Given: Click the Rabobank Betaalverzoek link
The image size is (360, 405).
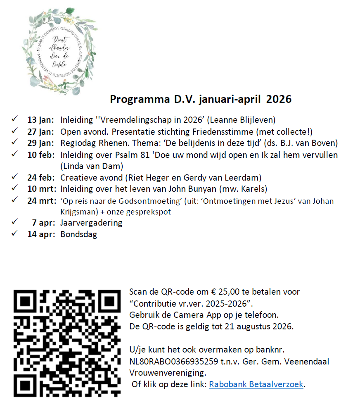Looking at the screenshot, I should pos(256,384).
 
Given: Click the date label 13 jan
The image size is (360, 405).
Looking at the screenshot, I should pos(40,120).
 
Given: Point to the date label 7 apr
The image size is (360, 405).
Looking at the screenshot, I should pos(43,223).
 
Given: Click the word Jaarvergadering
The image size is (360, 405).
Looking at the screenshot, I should pos(91,223).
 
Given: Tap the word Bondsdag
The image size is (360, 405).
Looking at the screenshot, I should pos(78,234).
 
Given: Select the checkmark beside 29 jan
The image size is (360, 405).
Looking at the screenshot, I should pos(14,143).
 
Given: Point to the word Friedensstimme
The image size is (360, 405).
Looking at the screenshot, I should pos(230,132).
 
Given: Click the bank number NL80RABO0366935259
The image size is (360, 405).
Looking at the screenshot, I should pos(174,361).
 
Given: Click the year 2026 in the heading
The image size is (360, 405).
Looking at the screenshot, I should pos(279,99).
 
